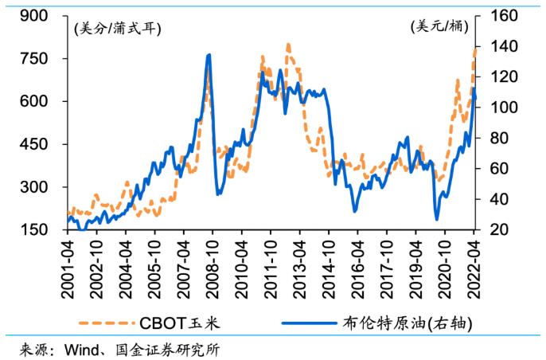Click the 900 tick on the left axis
[x=47, y=16]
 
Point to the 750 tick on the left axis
[x=47, y=59]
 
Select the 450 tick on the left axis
[x=47, y=144]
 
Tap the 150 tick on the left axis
[x=47, y=230]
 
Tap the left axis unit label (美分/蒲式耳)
[x=117, y=29]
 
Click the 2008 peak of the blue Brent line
[x=209, y=55]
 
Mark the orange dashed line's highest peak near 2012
[x=288, y=45]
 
